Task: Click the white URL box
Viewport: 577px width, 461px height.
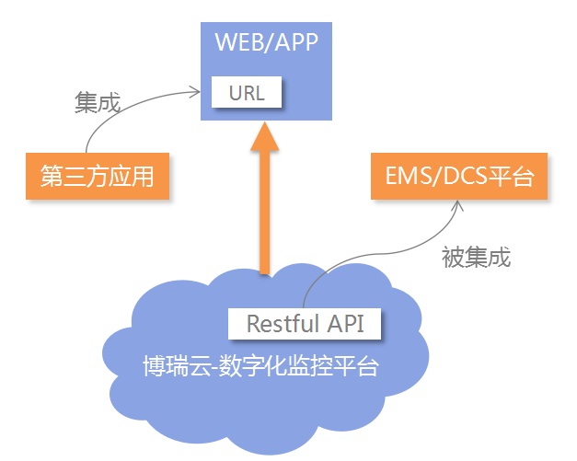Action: click(x=247, y=92)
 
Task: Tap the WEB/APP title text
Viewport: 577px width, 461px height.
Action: click(x=267, y=42)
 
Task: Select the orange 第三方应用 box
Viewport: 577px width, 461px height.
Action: click(x=98, y=177)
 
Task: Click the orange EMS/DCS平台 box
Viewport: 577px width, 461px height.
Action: click(x=459, y=177)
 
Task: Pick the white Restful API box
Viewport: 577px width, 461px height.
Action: click(x=305, y=324)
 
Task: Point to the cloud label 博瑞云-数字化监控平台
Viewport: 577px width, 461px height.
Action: click(x=260, y=365)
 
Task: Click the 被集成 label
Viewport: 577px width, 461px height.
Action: click(x=476, y=257)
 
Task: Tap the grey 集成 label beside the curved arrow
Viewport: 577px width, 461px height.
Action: click(x=98, y=102)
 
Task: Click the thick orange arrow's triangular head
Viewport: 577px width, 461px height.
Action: click(x=265, y=136)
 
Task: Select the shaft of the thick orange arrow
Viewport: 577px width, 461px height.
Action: click(x=265, y=213)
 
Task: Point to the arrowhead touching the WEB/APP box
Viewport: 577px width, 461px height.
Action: click(x=195, y=92)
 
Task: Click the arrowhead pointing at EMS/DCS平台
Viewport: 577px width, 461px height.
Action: click(x=457, y=206)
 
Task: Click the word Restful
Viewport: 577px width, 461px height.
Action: click(x=283, y=324)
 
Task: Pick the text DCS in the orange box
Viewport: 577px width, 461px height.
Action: click(x=465, y=176)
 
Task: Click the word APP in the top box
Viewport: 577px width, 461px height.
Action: click(x=296, y=42)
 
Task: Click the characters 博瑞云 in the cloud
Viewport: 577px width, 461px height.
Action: click(x=177, y=365)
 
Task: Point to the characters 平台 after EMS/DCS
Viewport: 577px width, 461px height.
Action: click(x=511, y=177)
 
